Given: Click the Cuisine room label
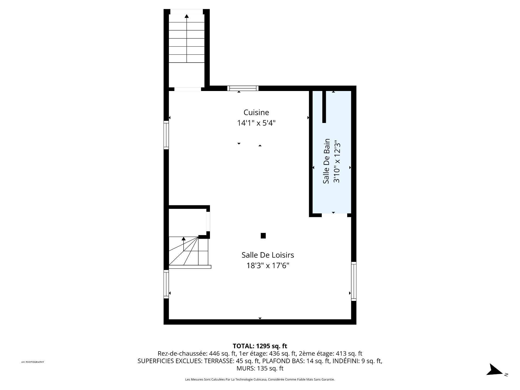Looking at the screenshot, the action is point(256,112).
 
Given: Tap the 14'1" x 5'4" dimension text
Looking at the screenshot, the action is point(256,123).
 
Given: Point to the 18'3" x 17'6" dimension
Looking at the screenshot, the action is point(268,266).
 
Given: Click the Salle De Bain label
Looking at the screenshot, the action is point(326,161).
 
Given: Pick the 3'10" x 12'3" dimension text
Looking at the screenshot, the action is point(337,161).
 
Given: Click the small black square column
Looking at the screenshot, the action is point(263,236).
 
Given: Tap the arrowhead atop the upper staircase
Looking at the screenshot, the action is point(187,16).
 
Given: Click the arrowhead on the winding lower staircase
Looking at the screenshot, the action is point(184,239).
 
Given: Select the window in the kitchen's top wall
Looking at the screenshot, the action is point(243,88).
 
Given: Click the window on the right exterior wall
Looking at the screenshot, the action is point(354,281).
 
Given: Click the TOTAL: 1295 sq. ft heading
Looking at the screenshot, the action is point(260,346).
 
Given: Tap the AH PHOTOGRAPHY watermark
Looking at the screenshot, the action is point(32,362).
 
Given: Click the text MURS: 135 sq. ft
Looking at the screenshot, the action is point(260,368).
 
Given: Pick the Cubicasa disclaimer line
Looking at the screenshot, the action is point(260,379).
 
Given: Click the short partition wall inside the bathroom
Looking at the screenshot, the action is point(324,107).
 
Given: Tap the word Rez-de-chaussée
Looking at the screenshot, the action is point(182,353).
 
